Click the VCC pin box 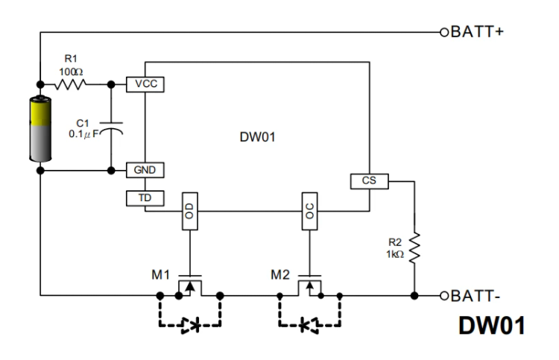click(145, 84)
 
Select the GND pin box click(145, 170)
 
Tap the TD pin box click(145, 198)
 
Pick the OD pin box click(189, 212)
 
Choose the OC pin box click(309, 212)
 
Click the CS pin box click(370, 181)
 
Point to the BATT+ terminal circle click(444, 33)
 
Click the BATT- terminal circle click(444, 296)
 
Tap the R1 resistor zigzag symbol click(70, 84)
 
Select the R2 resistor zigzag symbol click(414, 248)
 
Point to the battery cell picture click(40, 129)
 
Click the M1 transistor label click(160, 275)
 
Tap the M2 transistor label click(279, 275)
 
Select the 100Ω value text click(71, 72)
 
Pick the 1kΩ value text click(395, 254)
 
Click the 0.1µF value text click(84, 134)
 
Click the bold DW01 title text click(492, 326)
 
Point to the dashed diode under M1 click(190, 325)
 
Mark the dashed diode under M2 click(309, 325)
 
